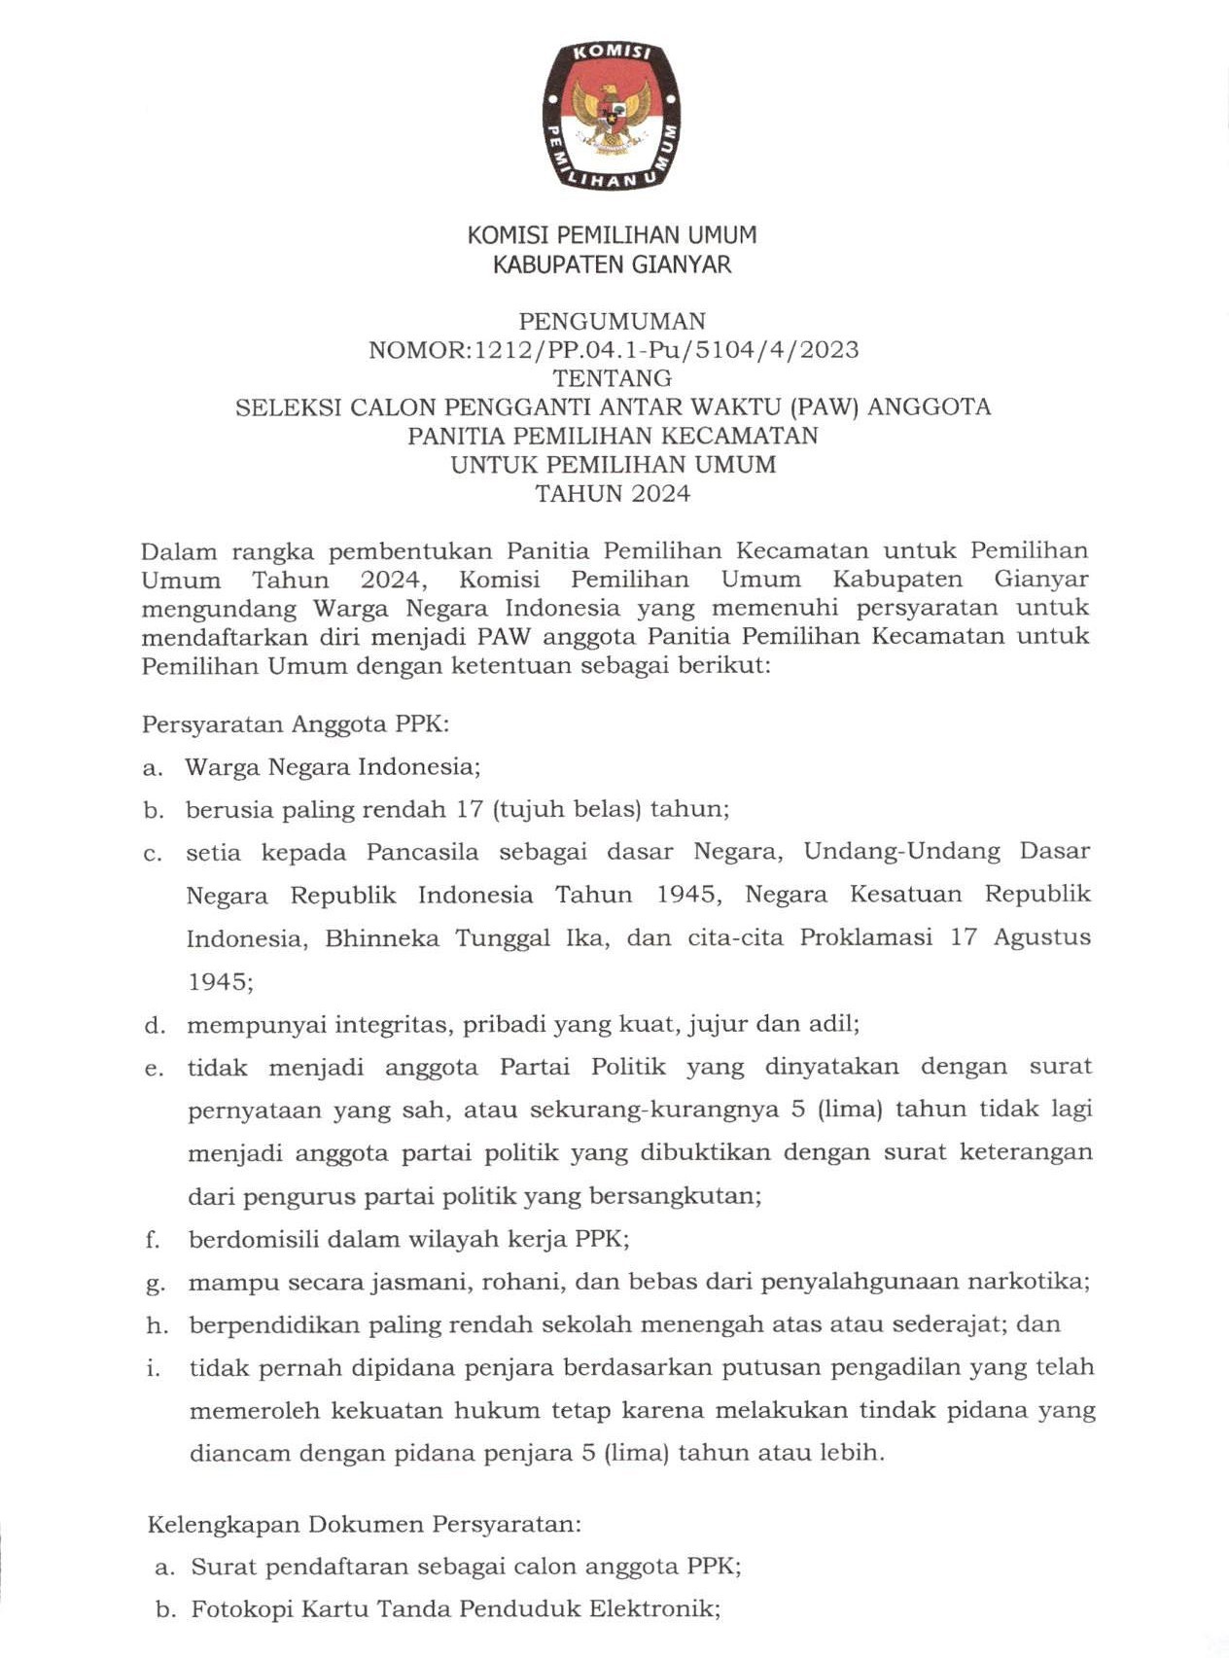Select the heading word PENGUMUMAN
[612, 321]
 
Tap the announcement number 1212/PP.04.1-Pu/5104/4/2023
[666, 350]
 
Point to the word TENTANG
[612, 378]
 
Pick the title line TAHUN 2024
[613, 493]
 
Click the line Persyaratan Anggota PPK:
[296, 724]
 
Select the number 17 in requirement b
[470, 809]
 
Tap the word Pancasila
[422, 852]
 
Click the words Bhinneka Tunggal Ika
[467, 938]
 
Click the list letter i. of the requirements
[153, 1368]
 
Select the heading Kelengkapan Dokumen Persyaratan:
[364, 1524]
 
